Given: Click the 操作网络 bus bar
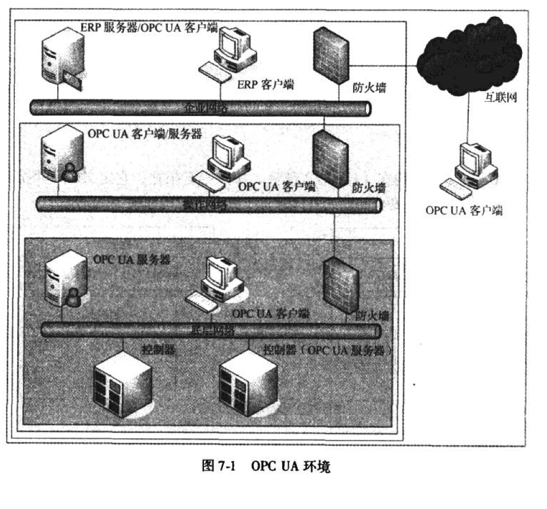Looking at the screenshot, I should (208, 204).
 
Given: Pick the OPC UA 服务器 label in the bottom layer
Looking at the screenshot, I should (132, 260).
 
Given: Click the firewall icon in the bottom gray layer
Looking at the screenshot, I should (340, 286).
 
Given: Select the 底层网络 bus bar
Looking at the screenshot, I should (211, 331).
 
